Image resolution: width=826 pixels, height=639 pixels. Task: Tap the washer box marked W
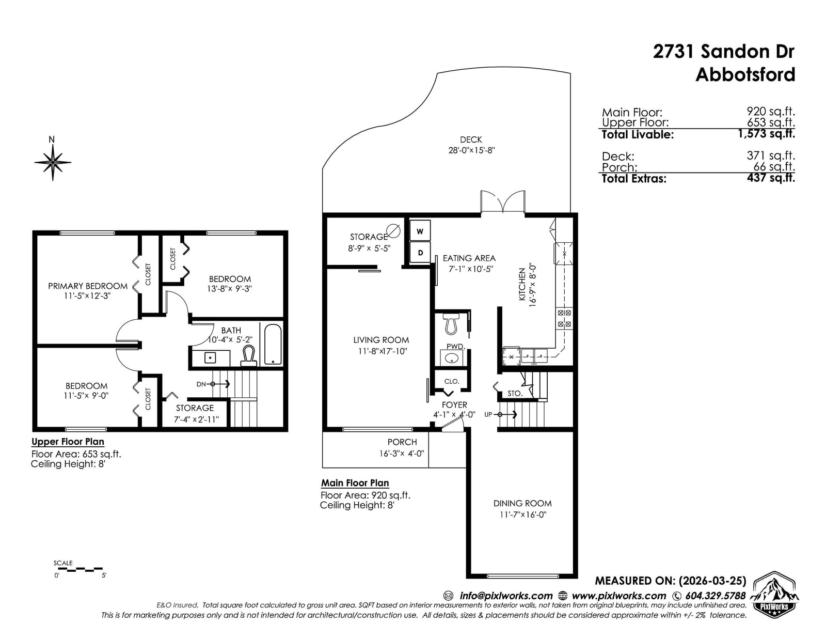420,230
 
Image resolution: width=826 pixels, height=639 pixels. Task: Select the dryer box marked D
420,252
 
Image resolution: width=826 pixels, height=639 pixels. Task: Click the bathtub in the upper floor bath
273,344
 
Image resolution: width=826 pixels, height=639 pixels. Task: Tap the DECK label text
471,139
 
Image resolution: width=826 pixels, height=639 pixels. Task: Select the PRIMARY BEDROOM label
87,286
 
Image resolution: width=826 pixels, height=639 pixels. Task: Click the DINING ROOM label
522,503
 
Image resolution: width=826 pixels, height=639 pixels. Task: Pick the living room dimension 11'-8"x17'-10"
383,351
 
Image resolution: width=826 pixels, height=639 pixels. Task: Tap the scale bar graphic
78,569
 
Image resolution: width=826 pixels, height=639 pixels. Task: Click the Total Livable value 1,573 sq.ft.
766,133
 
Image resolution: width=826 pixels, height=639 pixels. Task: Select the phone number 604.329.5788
716,596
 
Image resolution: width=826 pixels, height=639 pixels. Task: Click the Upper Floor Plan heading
68,442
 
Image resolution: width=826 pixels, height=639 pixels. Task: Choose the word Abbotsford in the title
745,74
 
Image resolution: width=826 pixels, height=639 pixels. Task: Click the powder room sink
451,358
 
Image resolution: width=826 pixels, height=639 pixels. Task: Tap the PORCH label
402,442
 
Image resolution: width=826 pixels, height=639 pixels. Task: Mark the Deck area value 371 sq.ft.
771,155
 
